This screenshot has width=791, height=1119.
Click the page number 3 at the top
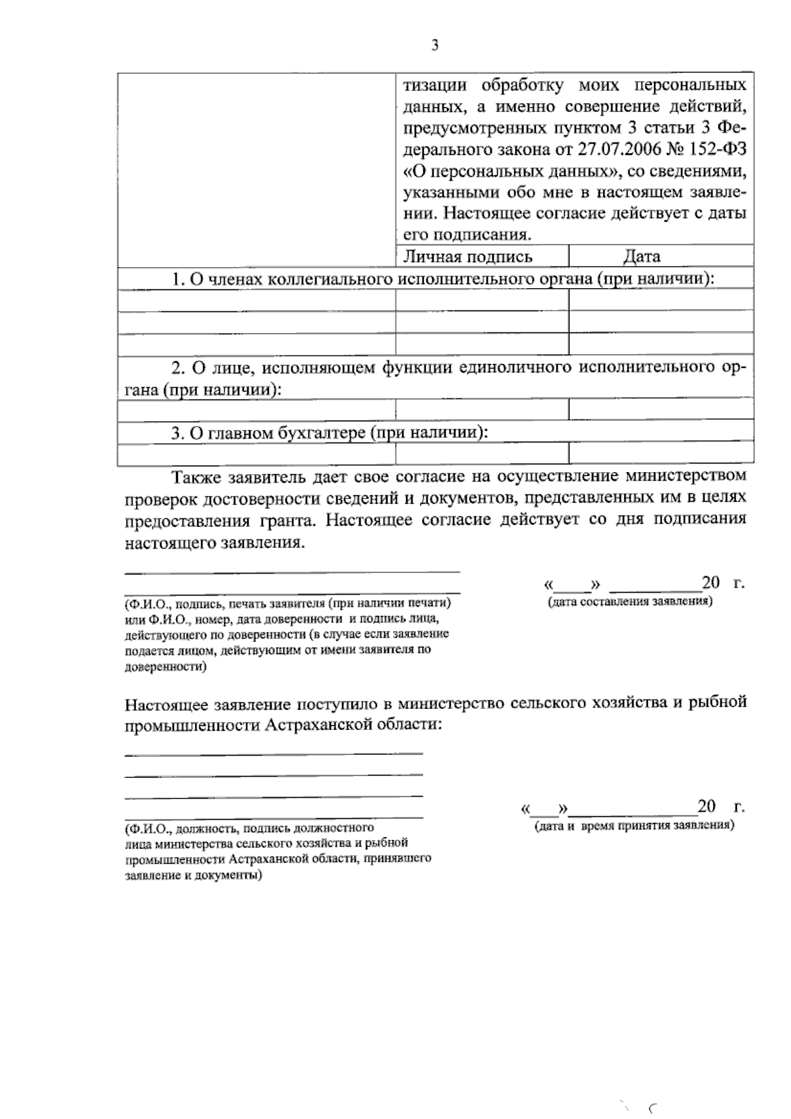tap(434, 45)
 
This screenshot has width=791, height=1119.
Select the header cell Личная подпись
tap(468, 257)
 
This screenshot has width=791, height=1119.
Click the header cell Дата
tap(641, 257)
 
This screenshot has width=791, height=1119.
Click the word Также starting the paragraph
tap(196, 475)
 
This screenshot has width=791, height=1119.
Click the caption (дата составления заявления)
tap(630, 602)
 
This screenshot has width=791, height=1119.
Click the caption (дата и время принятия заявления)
tap(633, 825)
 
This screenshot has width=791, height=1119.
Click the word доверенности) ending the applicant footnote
tap(165, 667)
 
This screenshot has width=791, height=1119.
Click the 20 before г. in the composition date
tap(711, 583)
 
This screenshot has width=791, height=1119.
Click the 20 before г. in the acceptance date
tap(707, 806)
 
